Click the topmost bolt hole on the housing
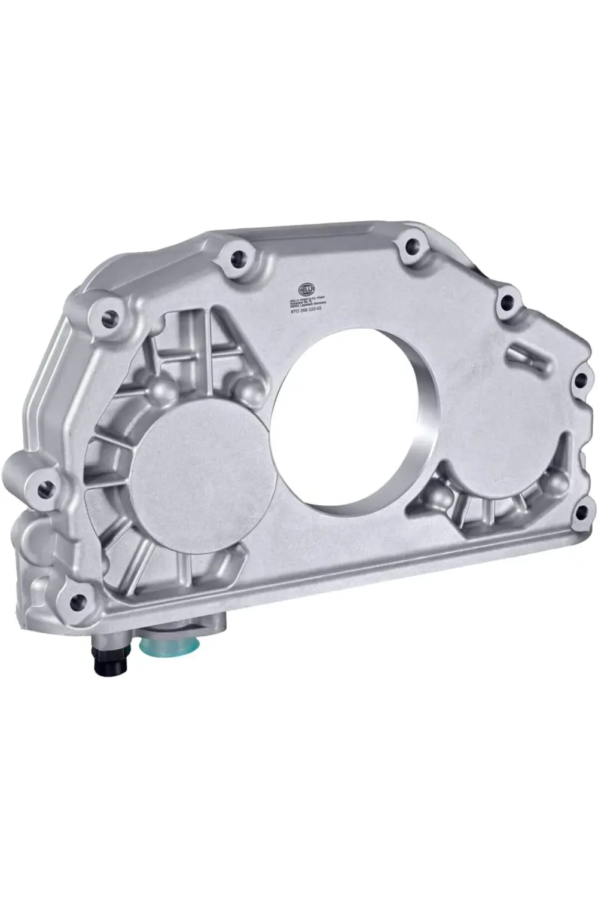(410, 245)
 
